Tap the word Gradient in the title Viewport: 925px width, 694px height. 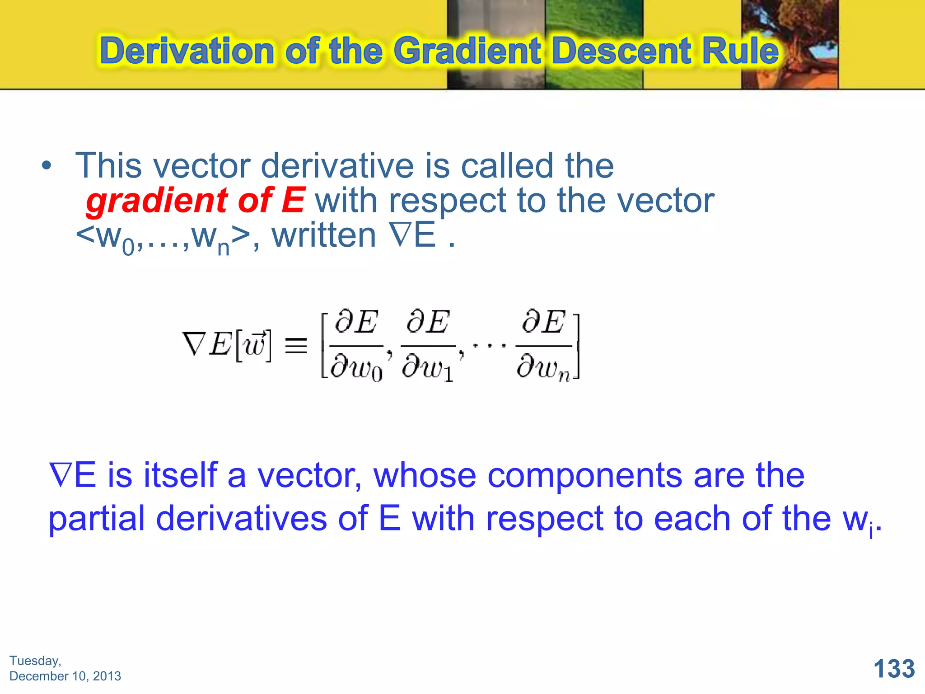467,51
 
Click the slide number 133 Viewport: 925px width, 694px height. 894,668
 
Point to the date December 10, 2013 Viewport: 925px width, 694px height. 65,676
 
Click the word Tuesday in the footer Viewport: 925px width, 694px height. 35,661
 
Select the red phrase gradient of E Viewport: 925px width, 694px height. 195,200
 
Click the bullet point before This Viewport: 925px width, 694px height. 46,166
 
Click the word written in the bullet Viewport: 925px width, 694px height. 324,235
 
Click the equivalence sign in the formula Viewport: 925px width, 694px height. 296,346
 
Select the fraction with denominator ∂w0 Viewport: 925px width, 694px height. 356,346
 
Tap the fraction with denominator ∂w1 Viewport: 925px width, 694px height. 428,346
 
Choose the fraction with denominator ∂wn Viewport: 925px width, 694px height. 544,346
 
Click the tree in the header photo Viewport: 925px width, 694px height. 790,41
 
